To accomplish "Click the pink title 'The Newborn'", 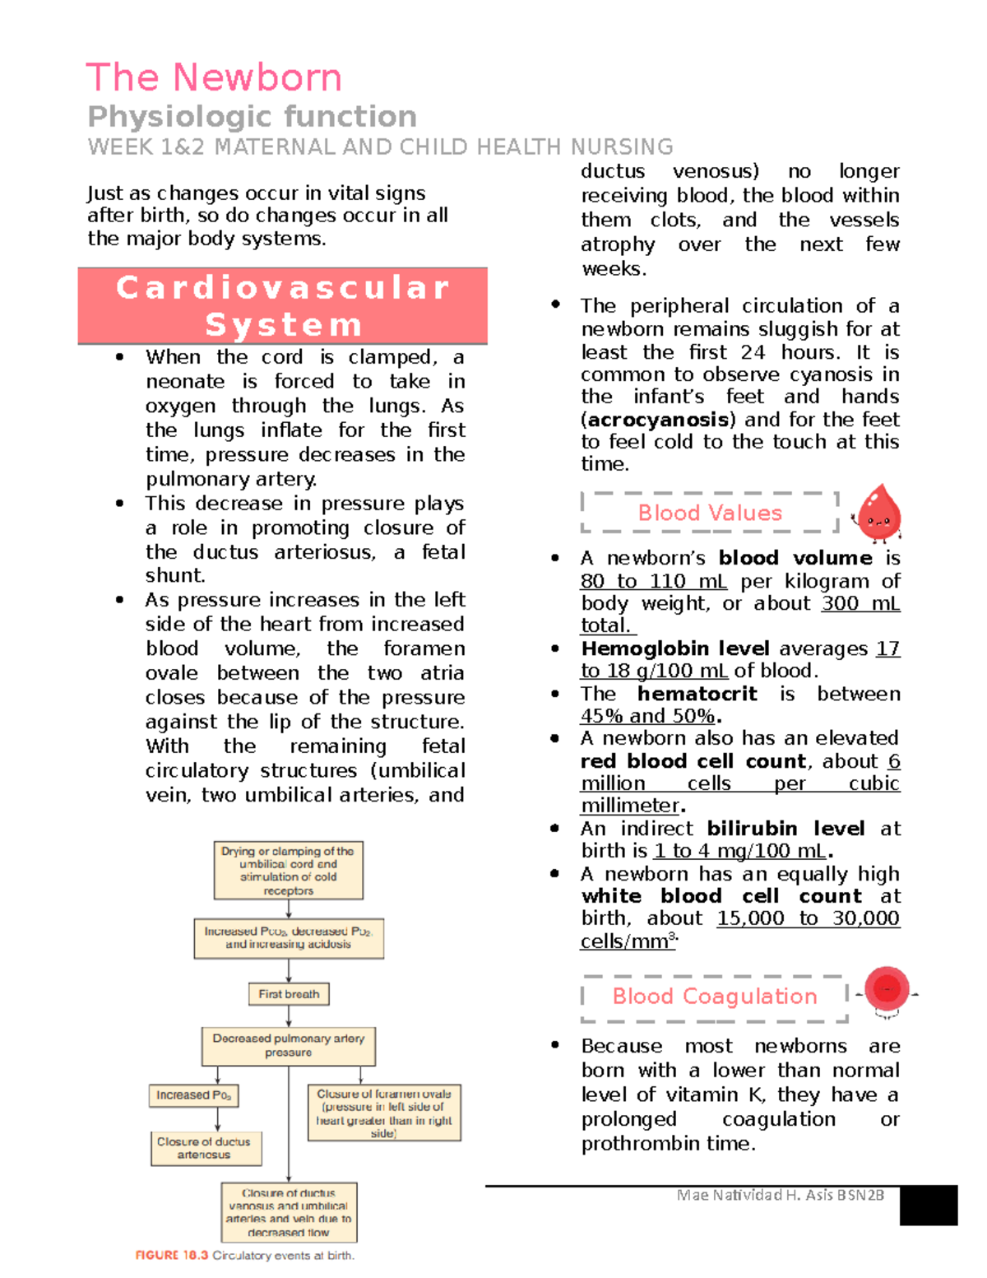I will click(x=214, y=78).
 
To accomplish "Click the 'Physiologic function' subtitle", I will click(x=252, y=117).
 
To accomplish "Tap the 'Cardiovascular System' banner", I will click(x=282, y=305).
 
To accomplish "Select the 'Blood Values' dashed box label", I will click(x=710, y=513).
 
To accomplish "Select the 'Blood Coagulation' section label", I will click(x=714, y=997).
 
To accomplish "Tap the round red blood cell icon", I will click(x=887, y=989).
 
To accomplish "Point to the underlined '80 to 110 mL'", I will click(x=653, y=582).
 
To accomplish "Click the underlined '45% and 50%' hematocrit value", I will click(x=647, y=716).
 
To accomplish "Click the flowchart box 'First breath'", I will click(x=289, y=994).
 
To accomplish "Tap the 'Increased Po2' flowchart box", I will click(x=193, y=1095).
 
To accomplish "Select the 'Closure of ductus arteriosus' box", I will click(x=206, y=1148).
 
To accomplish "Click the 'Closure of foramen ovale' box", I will click(x=383, y=1113).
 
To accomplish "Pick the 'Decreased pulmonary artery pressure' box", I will click(x=288, y=1045).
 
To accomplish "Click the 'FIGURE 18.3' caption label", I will click(x=171, y=1256).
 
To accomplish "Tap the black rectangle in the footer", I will click(x=928, y=1206).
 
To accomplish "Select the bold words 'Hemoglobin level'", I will click(x=674, y=648).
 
